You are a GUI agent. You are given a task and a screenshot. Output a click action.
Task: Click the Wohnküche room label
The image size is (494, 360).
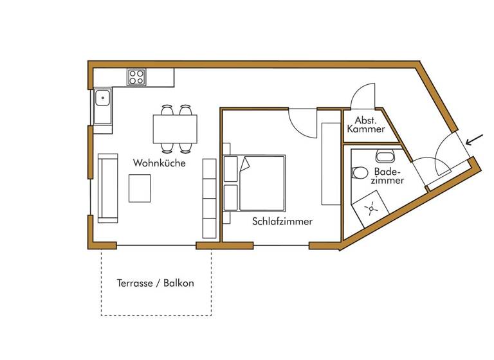pos(160,163)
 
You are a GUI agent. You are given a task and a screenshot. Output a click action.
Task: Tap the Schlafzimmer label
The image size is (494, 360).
pos(282,222)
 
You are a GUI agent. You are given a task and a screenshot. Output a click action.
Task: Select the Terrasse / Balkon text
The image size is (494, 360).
pos(155,283)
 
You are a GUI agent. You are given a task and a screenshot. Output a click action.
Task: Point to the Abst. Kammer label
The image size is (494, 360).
pos(365,125)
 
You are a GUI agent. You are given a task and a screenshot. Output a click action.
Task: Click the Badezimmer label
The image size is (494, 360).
pos(387,176)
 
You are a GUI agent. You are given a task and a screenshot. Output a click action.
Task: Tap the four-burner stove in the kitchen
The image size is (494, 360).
pos(136,77)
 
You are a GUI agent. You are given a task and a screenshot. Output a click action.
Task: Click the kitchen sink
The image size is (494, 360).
pos(102,100)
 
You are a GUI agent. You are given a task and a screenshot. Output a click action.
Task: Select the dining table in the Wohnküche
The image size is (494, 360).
pos(175,129)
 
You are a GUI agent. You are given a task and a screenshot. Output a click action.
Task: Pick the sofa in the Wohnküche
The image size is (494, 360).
pos(108,188)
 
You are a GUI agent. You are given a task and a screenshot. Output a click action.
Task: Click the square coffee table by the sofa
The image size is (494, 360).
pos(141,188)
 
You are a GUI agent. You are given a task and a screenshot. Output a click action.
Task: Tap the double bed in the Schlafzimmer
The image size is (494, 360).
pos(255,183)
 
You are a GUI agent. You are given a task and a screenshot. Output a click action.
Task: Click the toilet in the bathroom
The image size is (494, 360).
pos(360,172)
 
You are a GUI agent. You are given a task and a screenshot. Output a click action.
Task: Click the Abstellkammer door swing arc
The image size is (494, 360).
pos(363,96)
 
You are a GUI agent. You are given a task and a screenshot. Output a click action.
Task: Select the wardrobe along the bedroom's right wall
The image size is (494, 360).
pos(331,163)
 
